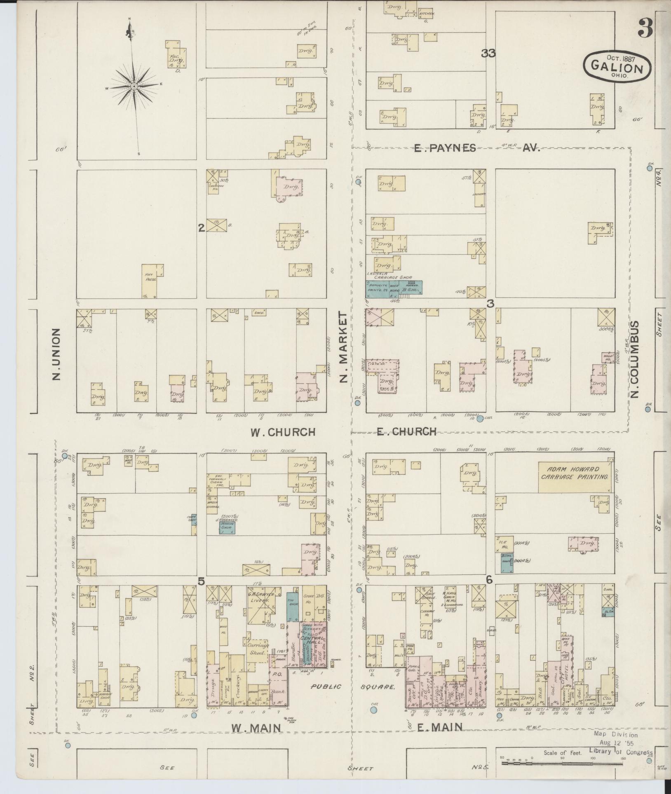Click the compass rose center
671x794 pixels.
[x=134, y=86]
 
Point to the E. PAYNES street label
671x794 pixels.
[x=445, y=148]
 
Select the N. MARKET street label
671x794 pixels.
[x=344, y=347]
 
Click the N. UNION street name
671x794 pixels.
[x=57, y=354]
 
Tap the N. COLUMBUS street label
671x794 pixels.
[x=634, y=359]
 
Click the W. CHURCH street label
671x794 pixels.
[x=283, y=432]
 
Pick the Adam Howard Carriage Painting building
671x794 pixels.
[x=575, y=477]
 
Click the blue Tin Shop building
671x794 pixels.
[x=292, y=607]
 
